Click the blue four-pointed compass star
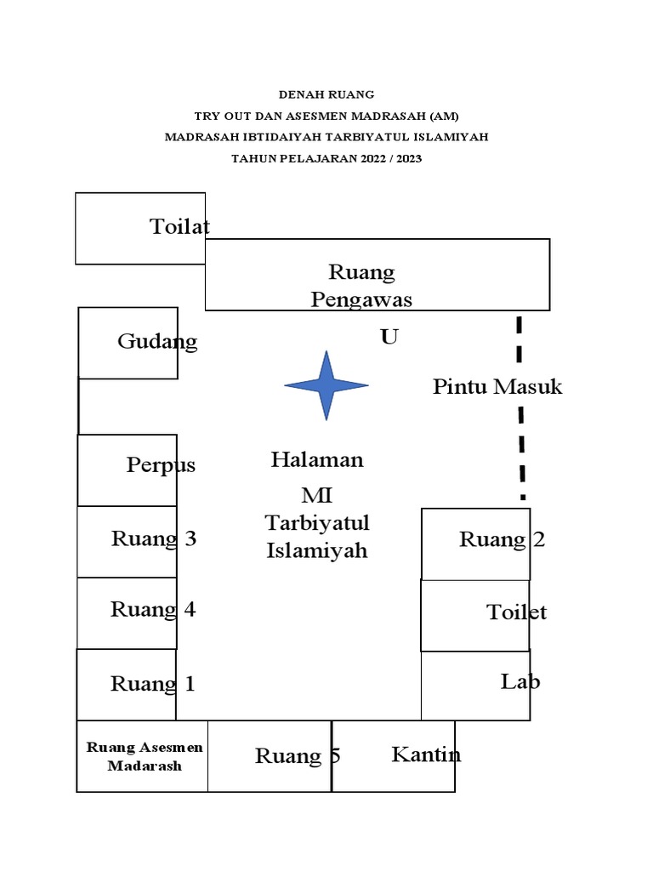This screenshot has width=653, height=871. [326, 385]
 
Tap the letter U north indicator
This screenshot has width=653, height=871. [389, 338]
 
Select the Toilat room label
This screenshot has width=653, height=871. [179, 227]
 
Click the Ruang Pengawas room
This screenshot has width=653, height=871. [378, 275]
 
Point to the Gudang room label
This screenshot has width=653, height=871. [157, 342]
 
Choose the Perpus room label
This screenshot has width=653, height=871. [161, 465]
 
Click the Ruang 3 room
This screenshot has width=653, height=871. [128, 541]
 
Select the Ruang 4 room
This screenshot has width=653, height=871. [128, 612]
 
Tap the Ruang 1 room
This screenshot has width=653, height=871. [128, 684]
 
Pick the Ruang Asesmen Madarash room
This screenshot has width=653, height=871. [142, 756]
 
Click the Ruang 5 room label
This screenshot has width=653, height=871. [298, 756]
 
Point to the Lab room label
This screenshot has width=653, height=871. [520, 681]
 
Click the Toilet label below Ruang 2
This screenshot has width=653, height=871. [516, 612]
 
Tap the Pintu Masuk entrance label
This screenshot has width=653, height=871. [497, 387]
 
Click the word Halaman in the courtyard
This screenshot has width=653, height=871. [317, 460]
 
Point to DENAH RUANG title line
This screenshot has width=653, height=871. [326, 95]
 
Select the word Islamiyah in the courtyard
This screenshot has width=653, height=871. [317, 551]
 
